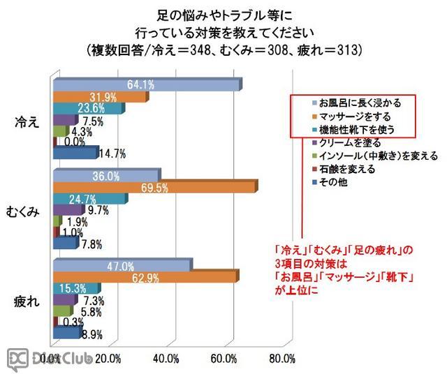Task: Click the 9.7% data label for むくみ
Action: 94,210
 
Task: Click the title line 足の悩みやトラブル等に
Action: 223,14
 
